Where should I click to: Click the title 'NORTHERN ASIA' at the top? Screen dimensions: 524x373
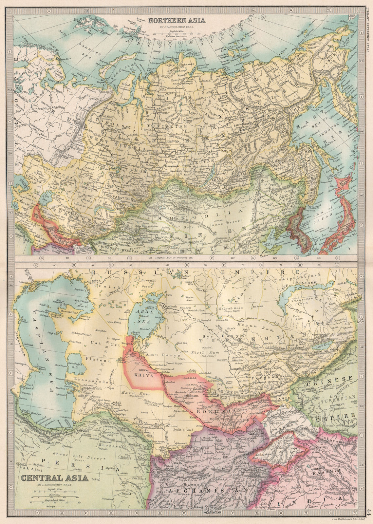coord(177,21)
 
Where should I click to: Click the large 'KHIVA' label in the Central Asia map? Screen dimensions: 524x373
coord(144,376)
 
